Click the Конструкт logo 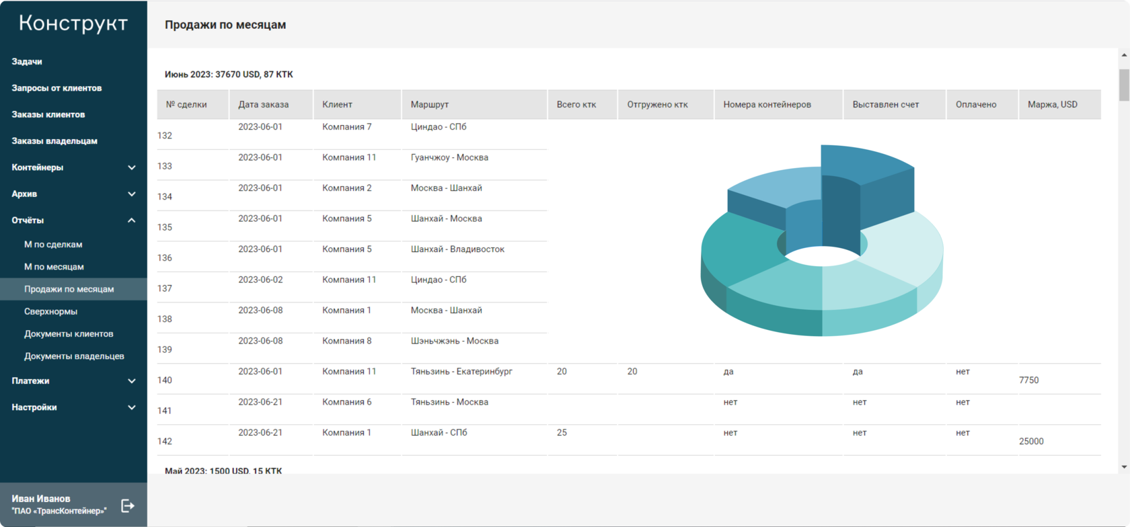tap(73, 24)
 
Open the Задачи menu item tap(27, 61)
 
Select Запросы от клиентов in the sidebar tap(57, 88)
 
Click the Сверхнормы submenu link tap(50, 311)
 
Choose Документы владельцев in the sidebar tap(74, 356)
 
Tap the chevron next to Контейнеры tap(132, 167)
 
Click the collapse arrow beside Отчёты tap(132, 220)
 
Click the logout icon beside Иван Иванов tap(128, 505)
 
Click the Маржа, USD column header tap(1052, 104)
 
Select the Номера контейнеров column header tap(767, 104)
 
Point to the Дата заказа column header tap(263, 104)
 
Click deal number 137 tap(165, 288)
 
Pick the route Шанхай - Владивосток tap(457, 249)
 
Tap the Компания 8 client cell tap(346, 341)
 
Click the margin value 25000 tap(1031, 442)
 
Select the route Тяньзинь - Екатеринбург tap(461, 372)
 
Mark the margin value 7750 tap(1028, 380)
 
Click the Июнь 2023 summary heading tap(229, 75)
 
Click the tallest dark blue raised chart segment tap(868, 165)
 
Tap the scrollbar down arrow tap(1124, 467)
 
